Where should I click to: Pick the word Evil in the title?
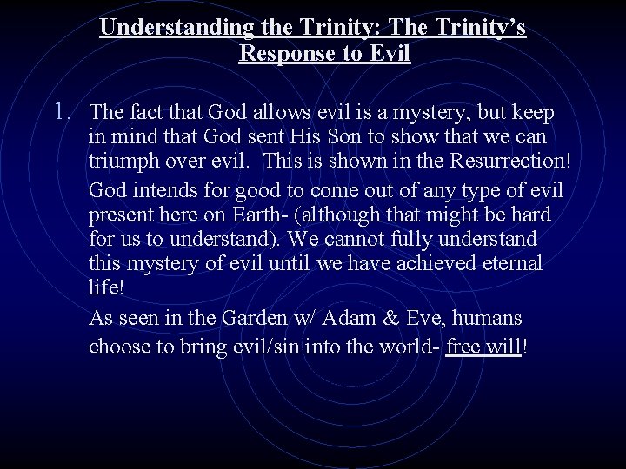[x=390, y=54]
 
